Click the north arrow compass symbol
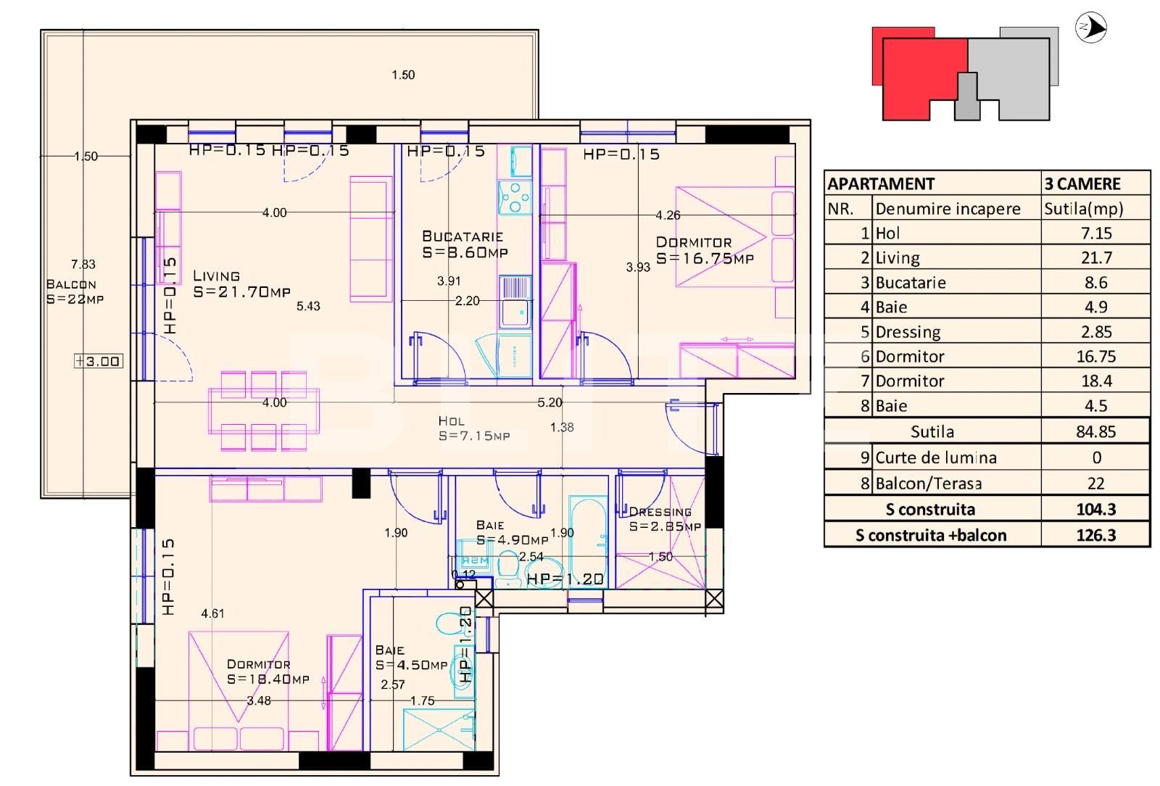pyautogui.click(x=1090, y=28)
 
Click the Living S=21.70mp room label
pyautogui.click(x=241, y=284)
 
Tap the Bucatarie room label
pyautogui.click(x=464, y=244)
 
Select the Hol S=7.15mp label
pyautogui.click(x=473, y=429)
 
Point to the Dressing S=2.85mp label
pyautogui.click(x=664, y=519)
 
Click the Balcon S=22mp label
pyautogui.click(x=74, y=291)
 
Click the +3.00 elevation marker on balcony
pyautogui.click(x=99, y=361)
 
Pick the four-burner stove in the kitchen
pyautogui.click(x=514, y=196)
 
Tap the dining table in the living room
pyautogui.click(x=264, y=412)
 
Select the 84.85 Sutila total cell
pyautogui.click(x=1095, y=431)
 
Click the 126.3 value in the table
pyautogui.click(x=1095, y=535)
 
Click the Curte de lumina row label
pyautogui.click(x=935, y=458)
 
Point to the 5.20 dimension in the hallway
pyautogui.click(x=550, y=402)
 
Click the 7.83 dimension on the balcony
pyautogui.click(x=83, y=265)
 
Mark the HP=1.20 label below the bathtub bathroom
pyautogui.click(x=565, y=579)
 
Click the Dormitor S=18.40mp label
pyautogui.click(x=267, y=672)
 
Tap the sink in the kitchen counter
pyautogui.click(x=515, y=302)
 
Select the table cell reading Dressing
pyautogui.click(x=908, y=332)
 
